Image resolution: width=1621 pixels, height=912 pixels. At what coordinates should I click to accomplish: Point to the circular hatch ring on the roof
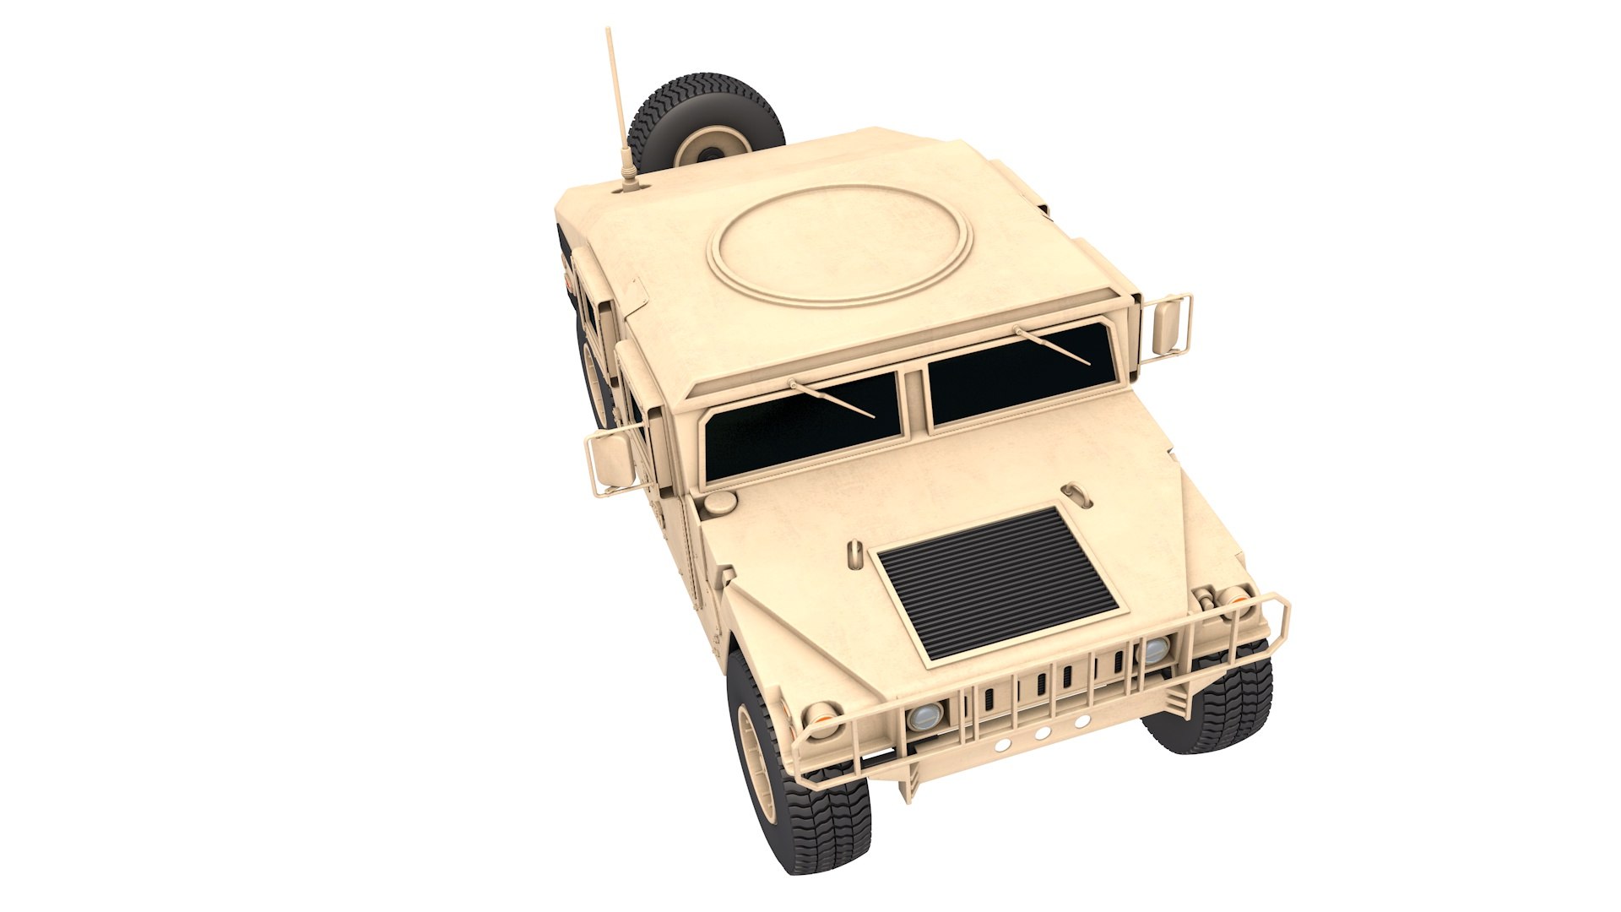coord(842,243)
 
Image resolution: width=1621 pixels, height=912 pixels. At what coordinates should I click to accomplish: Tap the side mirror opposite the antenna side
coord(1168,326)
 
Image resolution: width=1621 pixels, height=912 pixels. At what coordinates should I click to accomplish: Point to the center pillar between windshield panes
coord(915,401)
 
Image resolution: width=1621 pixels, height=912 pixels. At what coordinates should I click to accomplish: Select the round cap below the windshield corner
coord(720,502)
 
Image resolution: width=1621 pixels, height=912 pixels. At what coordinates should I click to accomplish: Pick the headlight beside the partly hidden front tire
coord(1154,649)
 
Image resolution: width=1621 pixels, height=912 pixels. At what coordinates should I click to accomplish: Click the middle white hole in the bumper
coord(1042,733)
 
